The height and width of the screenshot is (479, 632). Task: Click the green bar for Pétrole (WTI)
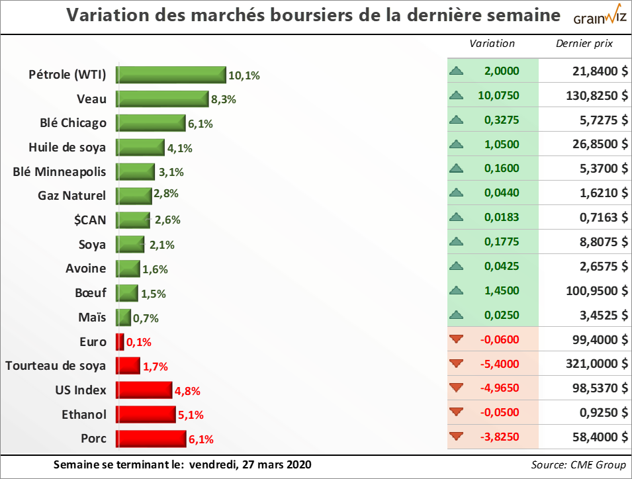click(x=171, y=75)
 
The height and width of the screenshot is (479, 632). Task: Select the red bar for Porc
click(x=152, y=438)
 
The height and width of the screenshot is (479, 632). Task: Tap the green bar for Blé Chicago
click(x=151, y=123)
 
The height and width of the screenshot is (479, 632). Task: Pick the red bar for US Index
click(x=144, y=390)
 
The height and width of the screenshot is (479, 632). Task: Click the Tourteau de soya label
click(x=56, y=365)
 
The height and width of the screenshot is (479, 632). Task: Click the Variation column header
click(x=492, y=44)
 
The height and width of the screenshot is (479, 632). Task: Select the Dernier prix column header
click(x=584, y=44)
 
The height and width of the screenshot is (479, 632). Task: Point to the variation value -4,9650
click(x=500, y=388)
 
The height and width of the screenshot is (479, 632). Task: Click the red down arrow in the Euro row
click(x=455, y=339)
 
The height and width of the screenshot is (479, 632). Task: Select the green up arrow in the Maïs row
click(x=455, y=315)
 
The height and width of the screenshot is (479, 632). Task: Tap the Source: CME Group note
click(x=578, y=464)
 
